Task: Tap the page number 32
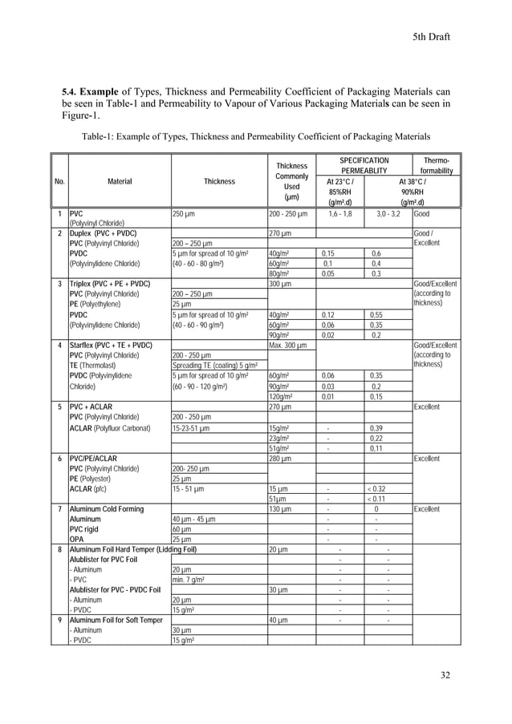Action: [445, 675]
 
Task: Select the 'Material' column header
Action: [120, 181]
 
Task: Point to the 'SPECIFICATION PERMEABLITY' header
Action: [364, 166]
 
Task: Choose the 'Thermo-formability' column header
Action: [437, 166]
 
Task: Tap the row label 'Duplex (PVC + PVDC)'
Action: [103, 233]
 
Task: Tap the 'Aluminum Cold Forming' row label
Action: [110, 510]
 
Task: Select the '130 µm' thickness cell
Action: [280, 510]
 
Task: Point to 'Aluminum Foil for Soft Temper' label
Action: [120, 621]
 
